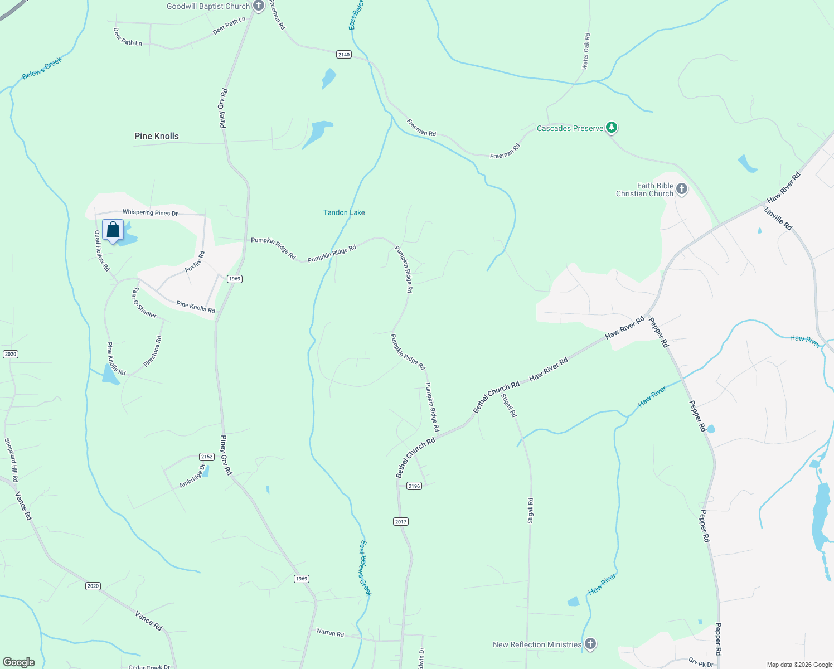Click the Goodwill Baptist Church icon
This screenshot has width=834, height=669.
click(258, 7)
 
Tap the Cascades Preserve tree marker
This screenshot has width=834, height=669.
click(612, 128)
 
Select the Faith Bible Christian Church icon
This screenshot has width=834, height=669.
click(681, 190)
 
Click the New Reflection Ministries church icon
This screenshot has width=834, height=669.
click(590, 644)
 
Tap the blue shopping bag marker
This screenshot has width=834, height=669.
click(113, 230)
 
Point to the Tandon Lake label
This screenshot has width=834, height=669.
click(344, 212)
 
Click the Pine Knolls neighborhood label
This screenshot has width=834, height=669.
click(157, 136)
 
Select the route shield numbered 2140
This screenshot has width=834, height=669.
click(344, 54)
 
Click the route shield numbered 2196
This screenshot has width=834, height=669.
click(414, 486)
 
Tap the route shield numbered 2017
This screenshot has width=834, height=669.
click(401, 522)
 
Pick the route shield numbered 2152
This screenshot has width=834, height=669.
click(206, 457)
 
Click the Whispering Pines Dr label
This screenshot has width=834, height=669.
click(150, 212)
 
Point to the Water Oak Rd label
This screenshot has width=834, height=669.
click(585, 51)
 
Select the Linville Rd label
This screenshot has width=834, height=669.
click(778, 219)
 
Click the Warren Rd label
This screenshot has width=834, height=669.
click(330, 633)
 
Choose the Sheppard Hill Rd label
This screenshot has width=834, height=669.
click(11, 460)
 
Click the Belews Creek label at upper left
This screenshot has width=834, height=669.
click(42, 68)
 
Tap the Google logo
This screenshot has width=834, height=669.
click(18, 662)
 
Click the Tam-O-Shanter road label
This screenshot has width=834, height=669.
click(144, 303)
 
